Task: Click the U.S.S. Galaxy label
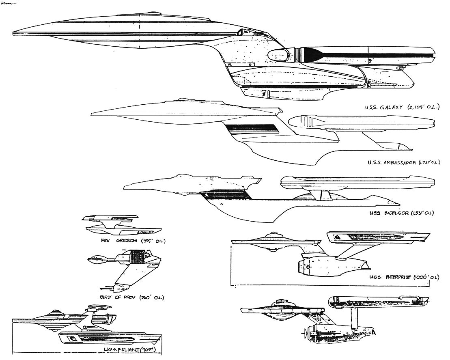point(400,108)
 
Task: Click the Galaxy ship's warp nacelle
point(357,54)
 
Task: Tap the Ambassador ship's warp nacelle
point(361,121)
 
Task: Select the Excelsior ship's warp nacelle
point(357,182)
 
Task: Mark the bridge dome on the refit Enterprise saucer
point(273,234)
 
